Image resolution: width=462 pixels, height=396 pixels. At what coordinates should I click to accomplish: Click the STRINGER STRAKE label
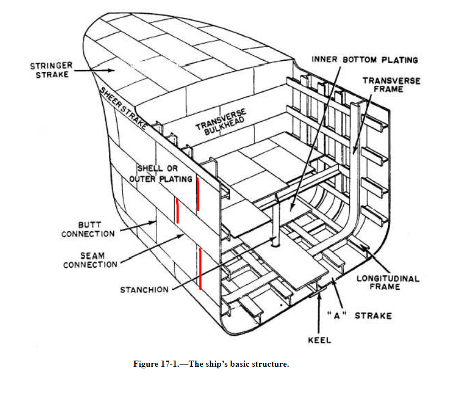coord(51,70)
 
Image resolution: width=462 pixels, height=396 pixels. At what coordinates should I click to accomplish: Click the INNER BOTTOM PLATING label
coord(365,60)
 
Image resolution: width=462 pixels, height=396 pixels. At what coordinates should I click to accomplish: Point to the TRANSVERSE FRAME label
coord(391,85)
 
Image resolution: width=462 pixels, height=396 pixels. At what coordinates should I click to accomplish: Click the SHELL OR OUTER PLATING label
coord(161,173)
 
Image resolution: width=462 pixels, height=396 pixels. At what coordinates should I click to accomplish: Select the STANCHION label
coord(144,290)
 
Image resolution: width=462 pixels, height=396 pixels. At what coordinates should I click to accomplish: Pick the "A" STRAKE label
coord(359,315)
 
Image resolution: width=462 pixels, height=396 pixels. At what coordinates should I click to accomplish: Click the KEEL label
coord(319,340)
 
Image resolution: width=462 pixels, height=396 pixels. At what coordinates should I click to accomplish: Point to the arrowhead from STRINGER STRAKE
coord(113,70)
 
